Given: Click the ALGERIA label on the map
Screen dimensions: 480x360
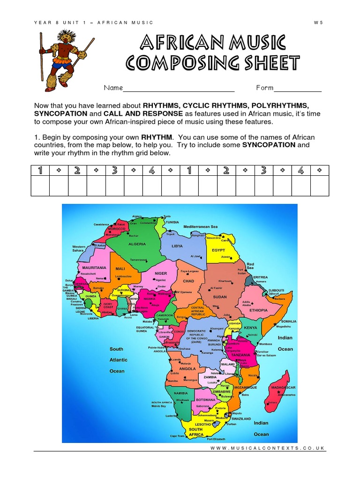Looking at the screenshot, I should pos(137,244).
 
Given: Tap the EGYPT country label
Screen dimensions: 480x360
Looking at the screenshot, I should pos(219,250).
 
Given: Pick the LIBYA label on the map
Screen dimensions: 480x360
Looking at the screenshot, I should pos(177,246).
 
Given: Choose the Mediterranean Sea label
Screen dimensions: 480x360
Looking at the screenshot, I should pos(201,227).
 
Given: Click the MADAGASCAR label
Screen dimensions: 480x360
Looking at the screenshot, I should pos(283,388).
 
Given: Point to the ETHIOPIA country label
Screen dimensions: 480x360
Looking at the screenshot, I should pos(259,310).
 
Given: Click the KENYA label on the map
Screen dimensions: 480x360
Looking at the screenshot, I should pos(251,328).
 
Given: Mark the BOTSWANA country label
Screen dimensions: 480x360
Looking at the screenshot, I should pos(205,399).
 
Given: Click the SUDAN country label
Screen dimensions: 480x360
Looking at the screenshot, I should pos(219,297).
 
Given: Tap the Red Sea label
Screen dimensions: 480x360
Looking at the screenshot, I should pos(250,266).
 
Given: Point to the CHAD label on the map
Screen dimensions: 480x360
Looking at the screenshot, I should pos(188,281).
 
